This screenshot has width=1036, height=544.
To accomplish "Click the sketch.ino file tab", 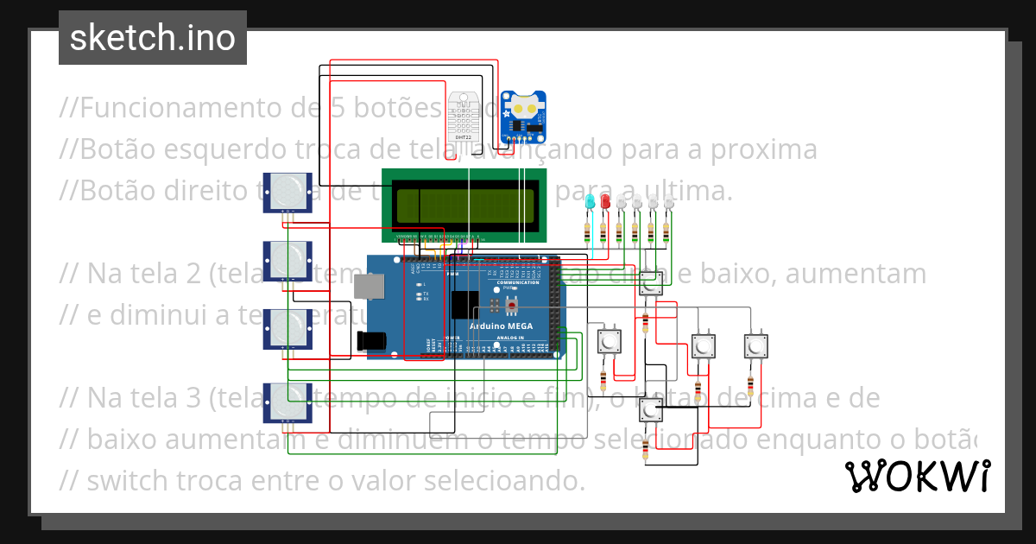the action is point(153,38).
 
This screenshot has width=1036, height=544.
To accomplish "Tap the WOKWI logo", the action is point(917,476).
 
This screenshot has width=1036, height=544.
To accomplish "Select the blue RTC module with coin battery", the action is point(524,117).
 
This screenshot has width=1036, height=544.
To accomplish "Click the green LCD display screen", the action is point(464,205).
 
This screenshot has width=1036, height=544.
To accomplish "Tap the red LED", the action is point(604,202).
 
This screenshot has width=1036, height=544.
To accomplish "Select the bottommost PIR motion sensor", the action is point(287,402).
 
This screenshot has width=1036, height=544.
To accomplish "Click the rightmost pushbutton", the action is point(755,346).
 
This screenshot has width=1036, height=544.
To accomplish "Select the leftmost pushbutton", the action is point(610,340).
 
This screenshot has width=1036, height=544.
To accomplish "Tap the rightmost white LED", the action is point(667,203).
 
